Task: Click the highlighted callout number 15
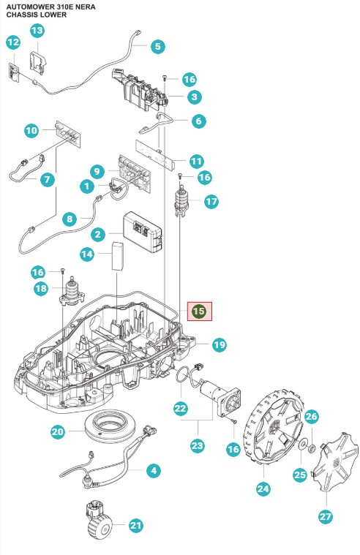coord(199,311)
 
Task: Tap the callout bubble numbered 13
coord(37,30)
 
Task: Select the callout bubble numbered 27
coord(325,516)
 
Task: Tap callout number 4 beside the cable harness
coord(153,471)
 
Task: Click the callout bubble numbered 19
coord(219,344)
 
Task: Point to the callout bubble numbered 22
coord(180,408)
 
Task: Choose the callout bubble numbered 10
coord(31,131)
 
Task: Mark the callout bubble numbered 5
coord(157,46)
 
